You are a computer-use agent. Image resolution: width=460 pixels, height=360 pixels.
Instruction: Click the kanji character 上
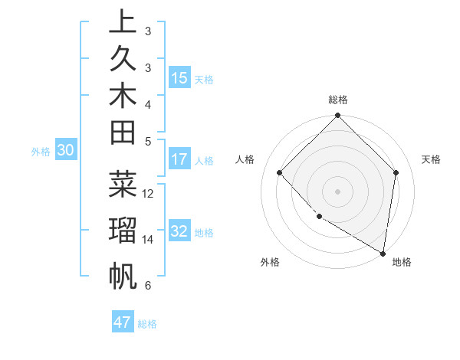(x=123, y=22)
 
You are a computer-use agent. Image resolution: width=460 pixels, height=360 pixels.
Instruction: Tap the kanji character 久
(x=123, y=59)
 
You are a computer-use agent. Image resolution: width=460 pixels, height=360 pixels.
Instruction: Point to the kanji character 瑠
(x=123, y=231)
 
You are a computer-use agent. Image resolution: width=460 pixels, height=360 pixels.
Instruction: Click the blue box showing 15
(x=179, y=78)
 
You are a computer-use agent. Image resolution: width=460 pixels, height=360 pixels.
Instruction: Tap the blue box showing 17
(x=179, y=160)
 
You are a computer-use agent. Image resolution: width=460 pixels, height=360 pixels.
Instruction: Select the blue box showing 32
(x=179, y=232)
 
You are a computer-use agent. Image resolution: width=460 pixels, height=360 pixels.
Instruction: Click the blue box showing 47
(x=123, y=322)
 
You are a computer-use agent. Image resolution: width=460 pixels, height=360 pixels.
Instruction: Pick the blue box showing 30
(x=65, y=151)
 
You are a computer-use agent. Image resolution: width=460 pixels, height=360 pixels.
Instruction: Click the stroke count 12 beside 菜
(x=149, y=193)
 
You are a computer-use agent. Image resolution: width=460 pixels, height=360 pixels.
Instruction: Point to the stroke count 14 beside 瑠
(x=149, y=239)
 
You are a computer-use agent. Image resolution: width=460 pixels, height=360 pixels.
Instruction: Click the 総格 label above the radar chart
(x=338, y=100)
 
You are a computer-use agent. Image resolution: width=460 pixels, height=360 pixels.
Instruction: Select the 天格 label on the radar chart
(x=431, y=159)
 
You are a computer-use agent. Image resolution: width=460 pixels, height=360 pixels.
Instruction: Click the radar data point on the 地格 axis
(x=383, y=252)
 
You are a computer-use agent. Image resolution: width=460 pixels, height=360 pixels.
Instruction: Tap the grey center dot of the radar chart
(x=338, y=191)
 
